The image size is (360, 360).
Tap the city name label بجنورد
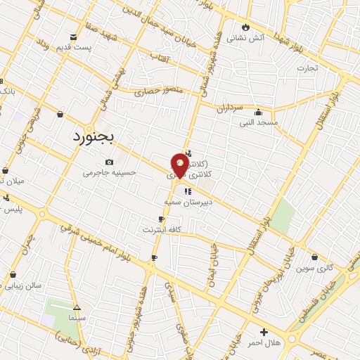coord(94,136)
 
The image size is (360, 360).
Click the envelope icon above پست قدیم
coord(74,37)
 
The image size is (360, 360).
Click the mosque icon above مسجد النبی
coord(259,112)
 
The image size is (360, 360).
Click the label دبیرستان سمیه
coord(184,202)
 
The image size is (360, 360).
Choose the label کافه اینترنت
coord(162,229)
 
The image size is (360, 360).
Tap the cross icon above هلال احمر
coord(264,332)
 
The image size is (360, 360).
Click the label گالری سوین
coord(313,268)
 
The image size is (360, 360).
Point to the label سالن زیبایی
coord(25,286)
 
